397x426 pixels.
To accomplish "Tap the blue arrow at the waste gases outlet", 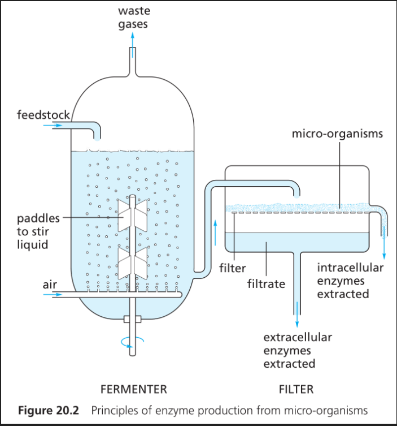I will (x=133, y=40).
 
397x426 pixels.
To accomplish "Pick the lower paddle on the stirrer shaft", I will (x=132, y=261).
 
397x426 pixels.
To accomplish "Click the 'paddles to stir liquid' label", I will (x=38, y=231).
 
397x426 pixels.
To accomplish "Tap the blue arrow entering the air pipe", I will (x=59, y=295).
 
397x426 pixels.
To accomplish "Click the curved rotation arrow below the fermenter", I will (x=132, y=340).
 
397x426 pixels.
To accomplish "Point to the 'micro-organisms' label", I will (x=337, y=134).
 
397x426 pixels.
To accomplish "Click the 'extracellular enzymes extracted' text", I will (x=297, y=351).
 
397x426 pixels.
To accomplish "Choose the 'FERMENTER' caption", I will (x=133, y=389).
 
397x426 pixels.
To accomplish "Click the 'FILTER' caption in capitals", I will (x=296, y=389).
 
